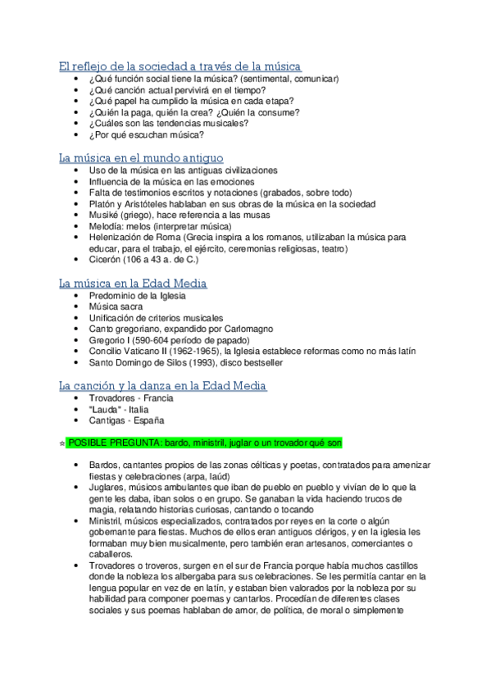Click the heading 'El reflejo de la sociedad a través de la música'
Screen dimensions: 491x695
(x=180, y=66)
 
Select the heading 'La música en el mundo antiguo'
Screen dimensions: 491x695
(x=141, y=157)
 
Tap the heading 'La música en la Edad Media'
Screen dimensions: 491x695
(x=133, y=283)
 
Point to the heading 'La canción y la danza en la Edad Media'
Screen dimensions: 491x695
(x=163, y=385)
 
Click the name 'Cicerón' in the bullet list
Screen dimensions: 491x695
(x=106, y=260)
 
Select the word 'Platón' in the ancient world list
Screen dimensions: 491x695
(x=102, y=203)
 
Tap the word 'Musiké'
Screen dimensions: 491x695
(x=104, y=215)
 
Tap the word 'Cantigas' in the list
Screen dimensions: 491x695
(x=107, y=420)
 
